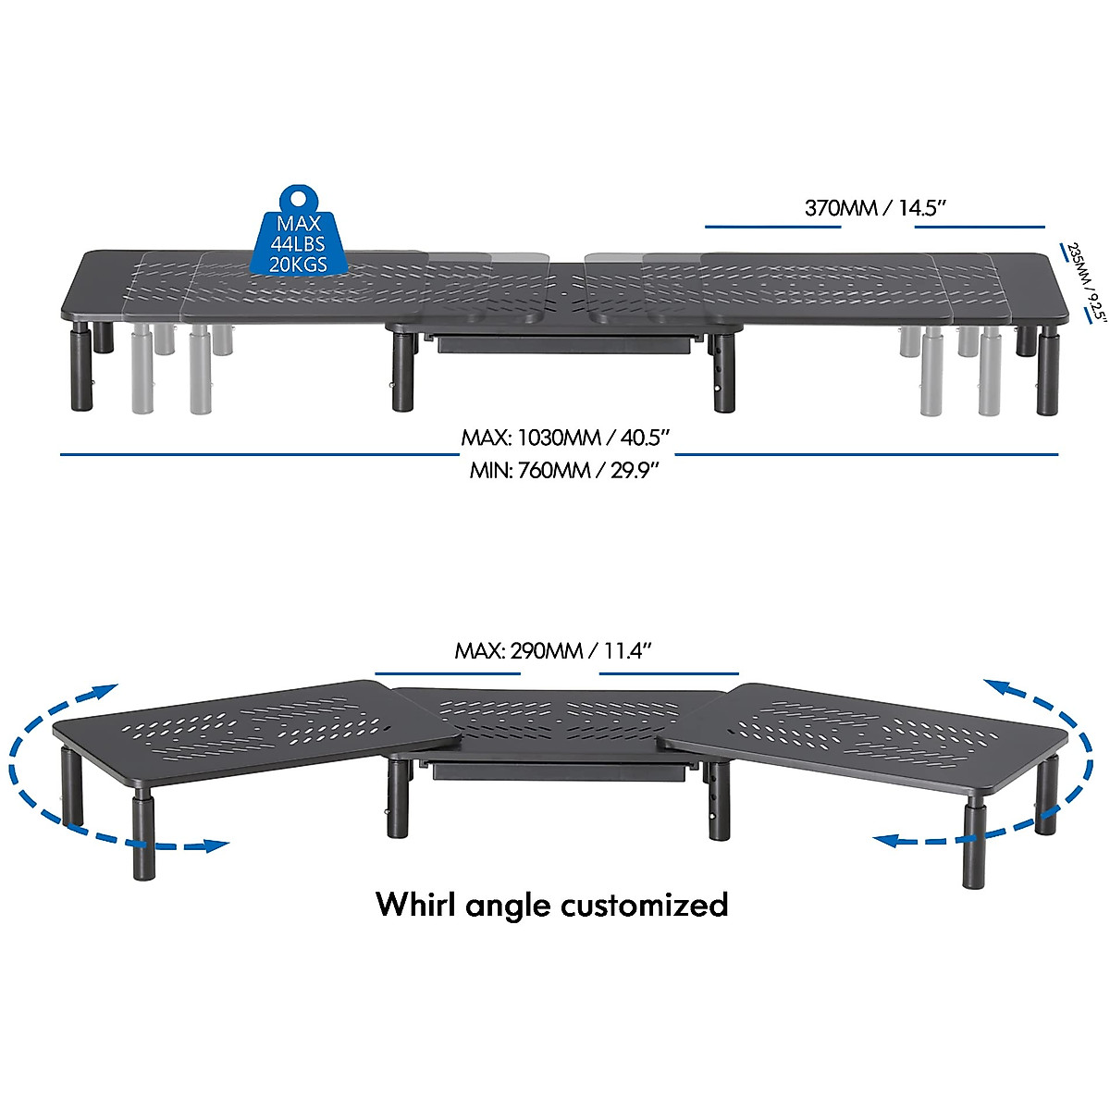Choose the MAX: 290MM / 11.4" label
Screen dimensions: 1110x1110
pos(554,650)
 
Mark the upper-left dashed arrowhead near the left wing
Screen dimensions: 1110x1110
pos(106,690)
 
